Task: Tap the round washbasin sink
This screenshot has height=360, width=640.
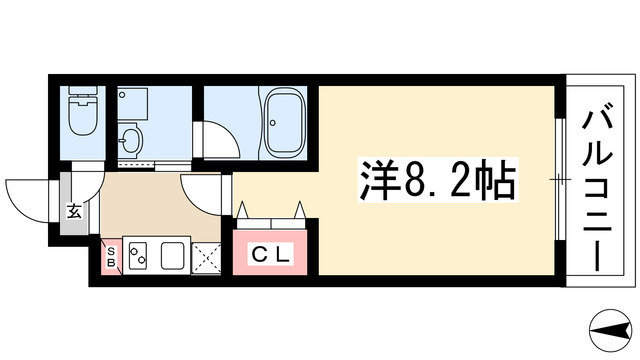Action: [x=130, y=137]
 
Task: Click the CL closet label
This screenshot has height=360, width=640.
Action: [x=270, y=254]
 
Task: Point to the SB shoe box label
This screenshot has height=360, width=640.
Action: [x=111, y=258]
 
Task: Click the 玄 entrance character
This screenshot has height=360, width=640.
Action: [x=74, y=210]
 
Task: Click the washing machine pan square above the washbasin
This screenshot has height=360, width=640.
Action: [x=132, y=103]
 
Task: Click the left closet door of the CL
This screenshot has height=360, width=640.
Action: [x=250, y=212]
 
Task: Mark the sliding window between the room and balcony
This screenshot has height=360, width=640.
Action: [x=559, y=180]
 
